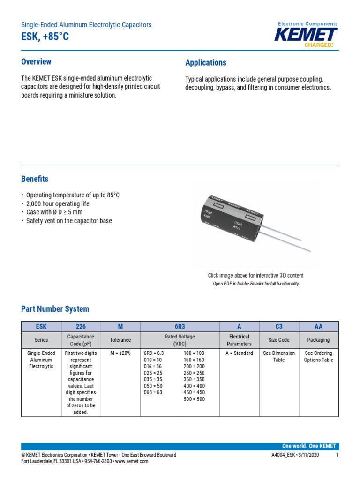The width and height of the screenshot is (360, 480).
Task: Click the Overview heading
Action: tap(36, 62)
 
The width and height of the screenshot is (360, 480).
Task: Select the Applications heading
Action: tap(206, 63)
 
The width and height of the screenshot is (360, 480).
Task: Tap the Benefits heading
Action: tap(35, 179)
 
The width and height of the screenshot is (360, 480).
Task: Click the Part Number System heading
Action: tap(55, 309)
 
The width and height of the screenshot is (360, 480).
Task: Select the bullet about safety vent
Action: tap(68, 221)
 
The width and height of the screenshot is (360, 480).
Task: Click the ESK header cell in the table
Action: tap(41, 326)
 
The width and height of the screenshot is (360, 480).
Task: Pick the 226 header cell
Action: tap(81, 326)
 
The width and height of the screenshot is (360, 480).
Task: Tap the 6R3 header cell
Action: tap(180, 326)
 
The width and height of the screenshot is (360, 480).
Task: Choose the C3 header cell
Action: tap(279, 326)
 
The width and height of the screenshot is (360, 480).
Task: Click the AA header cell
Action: tap(318, 326)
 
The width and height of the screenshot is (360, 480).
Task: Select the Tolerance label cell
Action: tap(120, 340)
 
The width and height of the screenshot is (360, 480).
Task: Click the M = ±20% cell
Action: tap(120, 353)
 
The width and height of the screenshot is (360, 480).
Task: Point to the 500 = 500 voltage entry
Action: tap(194, 399)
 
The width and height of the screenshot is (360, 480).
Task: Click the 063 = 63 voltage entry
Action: tap(153, 393)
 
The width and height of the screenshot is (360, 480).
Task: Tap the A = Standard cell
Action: tap(239, 353)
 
